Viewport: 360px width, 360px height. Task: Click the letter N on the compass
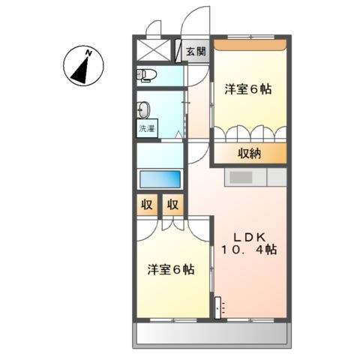point(88,52)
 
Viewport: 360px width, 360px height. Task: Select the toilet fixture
point(145,73)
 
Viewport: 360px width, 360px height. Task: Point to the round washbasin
point(144,106)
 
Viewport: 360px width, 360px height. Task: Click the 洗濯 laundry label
point(146,128)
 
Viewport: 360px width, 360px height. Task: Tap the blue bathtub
point(160,179)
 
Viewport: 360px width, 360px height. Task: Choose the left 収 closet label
point(145,205)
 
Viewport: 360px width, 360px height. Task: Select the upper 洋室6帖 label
point(248,89)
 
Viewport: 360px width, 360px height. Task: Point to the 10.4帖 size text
point(249,250)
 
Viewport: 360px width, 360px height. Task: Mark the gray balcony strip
point(210,334)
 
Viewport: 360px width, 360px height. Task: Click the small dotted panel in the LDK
point(219,307)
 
